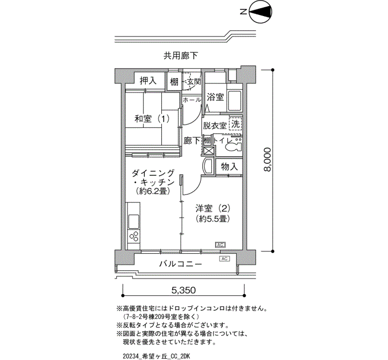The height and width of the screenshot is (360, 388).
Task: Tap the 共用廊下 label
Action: (181, 55)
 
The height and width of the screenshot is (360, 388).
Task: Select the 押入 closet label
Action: (148, 81)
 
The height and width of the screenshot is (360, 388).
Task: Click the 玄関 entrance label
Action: (194, 81)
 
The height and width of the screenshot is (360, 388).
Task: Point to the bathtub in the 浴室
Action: (234, 101)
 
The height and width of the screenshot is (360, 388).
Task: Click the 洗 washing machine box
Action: (236, 124)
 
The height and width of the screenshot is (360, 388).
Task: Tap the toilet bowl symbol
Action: (234, 146)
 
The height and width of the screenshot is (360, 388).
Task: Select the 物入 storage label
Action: (229, 167)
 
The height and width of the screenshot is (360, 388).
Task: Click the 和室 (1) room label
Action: (152, 119)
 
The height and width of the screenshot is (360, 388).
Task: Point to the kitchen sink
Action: (134, 222)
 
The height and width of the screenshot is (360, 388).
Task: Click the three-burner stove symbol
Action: (134, 236)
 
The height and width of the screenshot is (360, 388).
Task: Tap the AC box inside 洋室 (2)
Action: (220, 245)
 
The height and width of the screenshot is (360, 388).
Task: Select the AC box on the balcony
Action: (224, 259)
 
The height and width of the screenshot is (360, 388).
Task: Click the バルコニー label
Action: (180, 264)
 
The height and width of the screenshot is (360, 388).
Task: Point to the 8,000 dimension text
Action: (267, 160)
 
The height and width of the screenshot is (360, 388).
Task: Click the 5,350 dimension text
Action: (183, 290)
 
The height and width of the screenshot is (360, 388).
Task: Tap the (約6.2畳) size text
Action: (152, 191)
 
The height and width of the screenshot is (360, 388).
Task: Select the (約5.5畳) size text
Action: (213, 219)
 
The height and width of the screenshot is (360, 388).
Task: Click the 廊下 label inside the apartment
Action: (192, 141)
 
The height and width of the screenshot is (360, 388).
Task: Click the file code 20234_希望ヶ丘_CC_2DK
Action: (156, 356)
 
